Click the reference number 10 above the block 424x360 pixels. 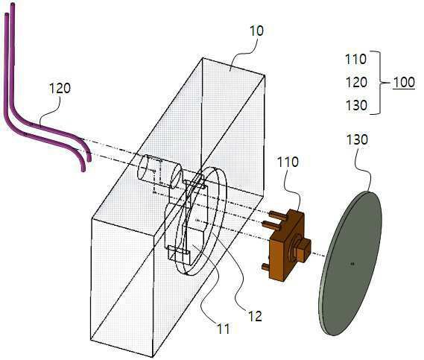256,31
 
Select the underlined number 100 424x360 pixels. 404,82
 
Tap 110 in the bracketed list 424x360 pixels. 356,59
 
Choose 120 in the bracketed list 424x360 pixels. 356,82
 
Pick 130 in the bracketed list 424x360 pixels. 356,105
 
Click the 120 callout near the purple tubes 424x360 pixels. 60,89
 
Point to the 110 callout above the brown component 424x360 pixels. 288,162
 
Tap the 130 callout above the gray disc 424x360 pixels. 357,140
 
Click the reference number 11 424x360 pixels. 223,329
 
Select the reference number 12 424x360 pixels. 255,316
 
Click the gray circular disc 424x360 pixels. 350,263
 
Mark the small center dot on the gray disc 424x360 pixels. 352,263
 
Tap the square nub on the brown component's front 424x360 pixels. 304,251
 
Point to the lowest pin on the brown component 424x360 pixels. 266,268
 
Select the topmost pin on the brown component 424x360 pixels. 279,215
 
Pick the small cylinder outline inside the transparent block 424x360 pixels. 159,171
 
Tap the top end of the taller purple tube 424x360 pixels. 13,4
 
